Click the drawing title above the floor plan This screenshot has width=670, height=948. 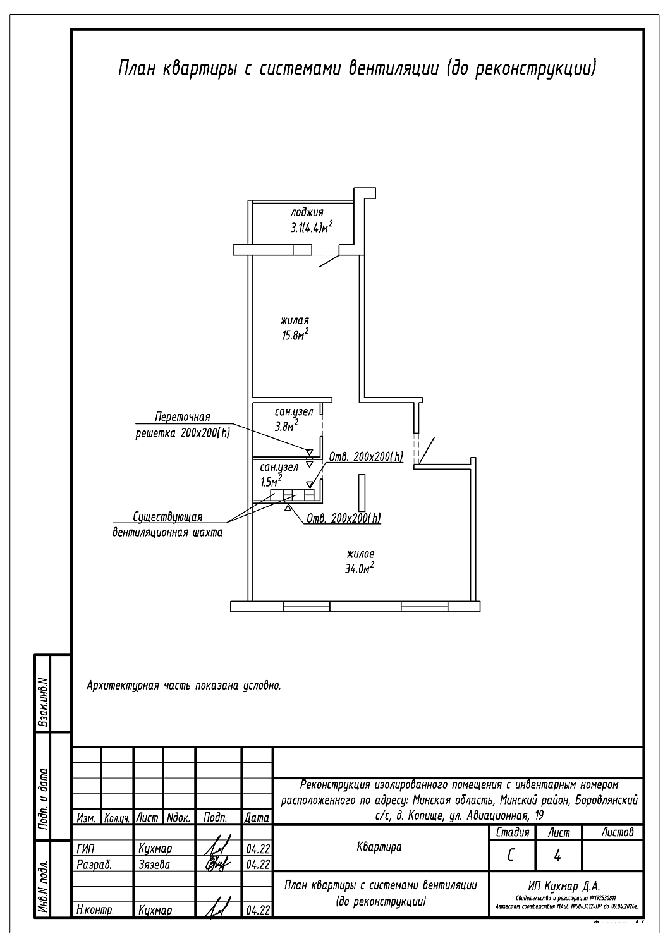(x=357, y=69)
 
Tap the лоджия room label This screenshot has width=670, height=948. (x=308, y=212)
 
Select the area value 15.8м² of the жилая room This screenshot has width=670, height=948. (x=295, y=335)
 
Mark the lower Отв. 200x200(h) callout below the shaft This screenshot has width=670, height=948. (x=344, y=518)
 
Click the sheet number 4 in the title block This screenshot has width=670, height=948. (x=557, y=856)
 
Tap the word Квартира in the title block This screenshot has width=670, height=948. (x=379, y=847)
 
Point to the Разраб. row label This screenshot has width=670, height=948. (x=94, y=863)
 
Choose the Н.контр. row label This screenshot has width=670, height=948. (x=95, y=910)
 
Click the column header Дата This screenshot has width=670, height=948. (x=257, y=817)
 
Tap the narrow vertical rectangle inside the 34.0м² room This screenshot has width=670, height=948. (x=362, y=493)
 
